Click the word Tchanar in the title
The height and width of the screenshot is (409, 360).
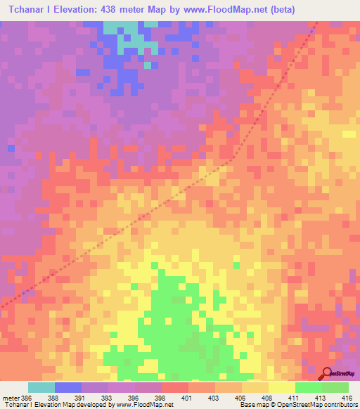(x=25, y=9)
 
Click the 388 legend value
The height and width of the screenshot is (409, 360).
(x=53, y=398)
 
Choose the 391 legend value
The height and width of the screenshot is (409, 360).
(x=81, y=398)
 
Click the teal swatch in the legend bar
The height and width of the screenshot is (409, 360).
(x=41, y=387)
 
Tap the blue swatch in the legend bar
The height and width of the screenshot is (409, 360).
(x=67, y=387)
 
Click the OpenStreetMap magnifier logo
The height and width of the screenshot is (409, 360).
(x=326, y=373)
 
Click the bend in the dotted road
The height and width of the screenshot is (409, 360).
(x=232, y=160)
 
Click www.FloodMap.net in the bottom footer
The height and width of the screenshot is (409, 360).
(x=143, y=405)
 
